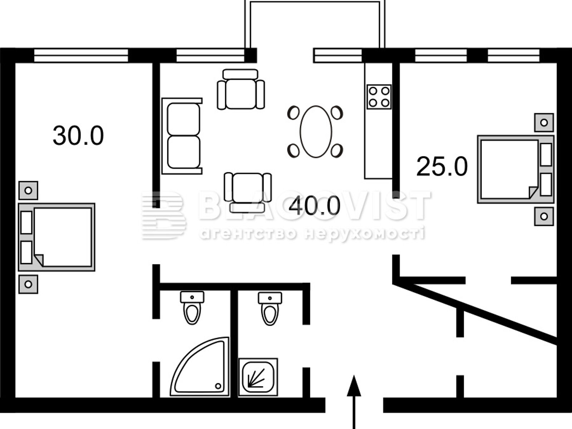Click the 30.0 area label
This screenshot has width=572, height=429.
pos(78,135)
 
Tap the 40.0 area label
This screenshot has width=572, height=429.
pos(315,206)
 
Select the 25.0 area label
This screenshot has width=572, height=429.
pos(442,167)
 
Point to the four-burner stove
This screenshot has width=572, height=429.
pos(379,97)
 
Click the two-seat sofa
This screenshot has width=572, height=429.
pos(182,136)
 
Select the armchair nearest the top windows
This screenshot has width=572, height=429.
pos(241,89)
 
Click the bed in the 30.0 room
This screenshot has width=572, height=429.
pos(56,237)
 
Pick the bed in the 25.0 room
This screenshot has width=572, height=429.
pos(516,169)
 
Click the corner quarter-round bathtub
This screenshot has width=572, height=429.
pos(200,367)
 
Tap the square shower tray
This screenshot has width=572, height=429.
pos(258,377)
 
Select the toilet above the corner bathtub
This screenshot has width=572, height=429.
pos(192,308)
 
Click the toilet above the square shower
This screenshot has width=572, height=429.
pos(270,309)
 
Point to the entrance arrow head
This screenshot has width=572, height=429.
pos(354,386)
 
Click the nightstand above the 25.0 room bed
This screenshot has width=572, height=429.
pos(544,122)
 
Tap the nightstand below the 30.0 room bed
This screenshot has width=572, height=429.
pos(28,284)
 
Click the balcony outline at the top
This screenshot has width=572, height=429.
pos(315,3)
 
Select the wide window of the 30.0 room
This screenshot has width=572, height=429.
pos(81,56)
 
